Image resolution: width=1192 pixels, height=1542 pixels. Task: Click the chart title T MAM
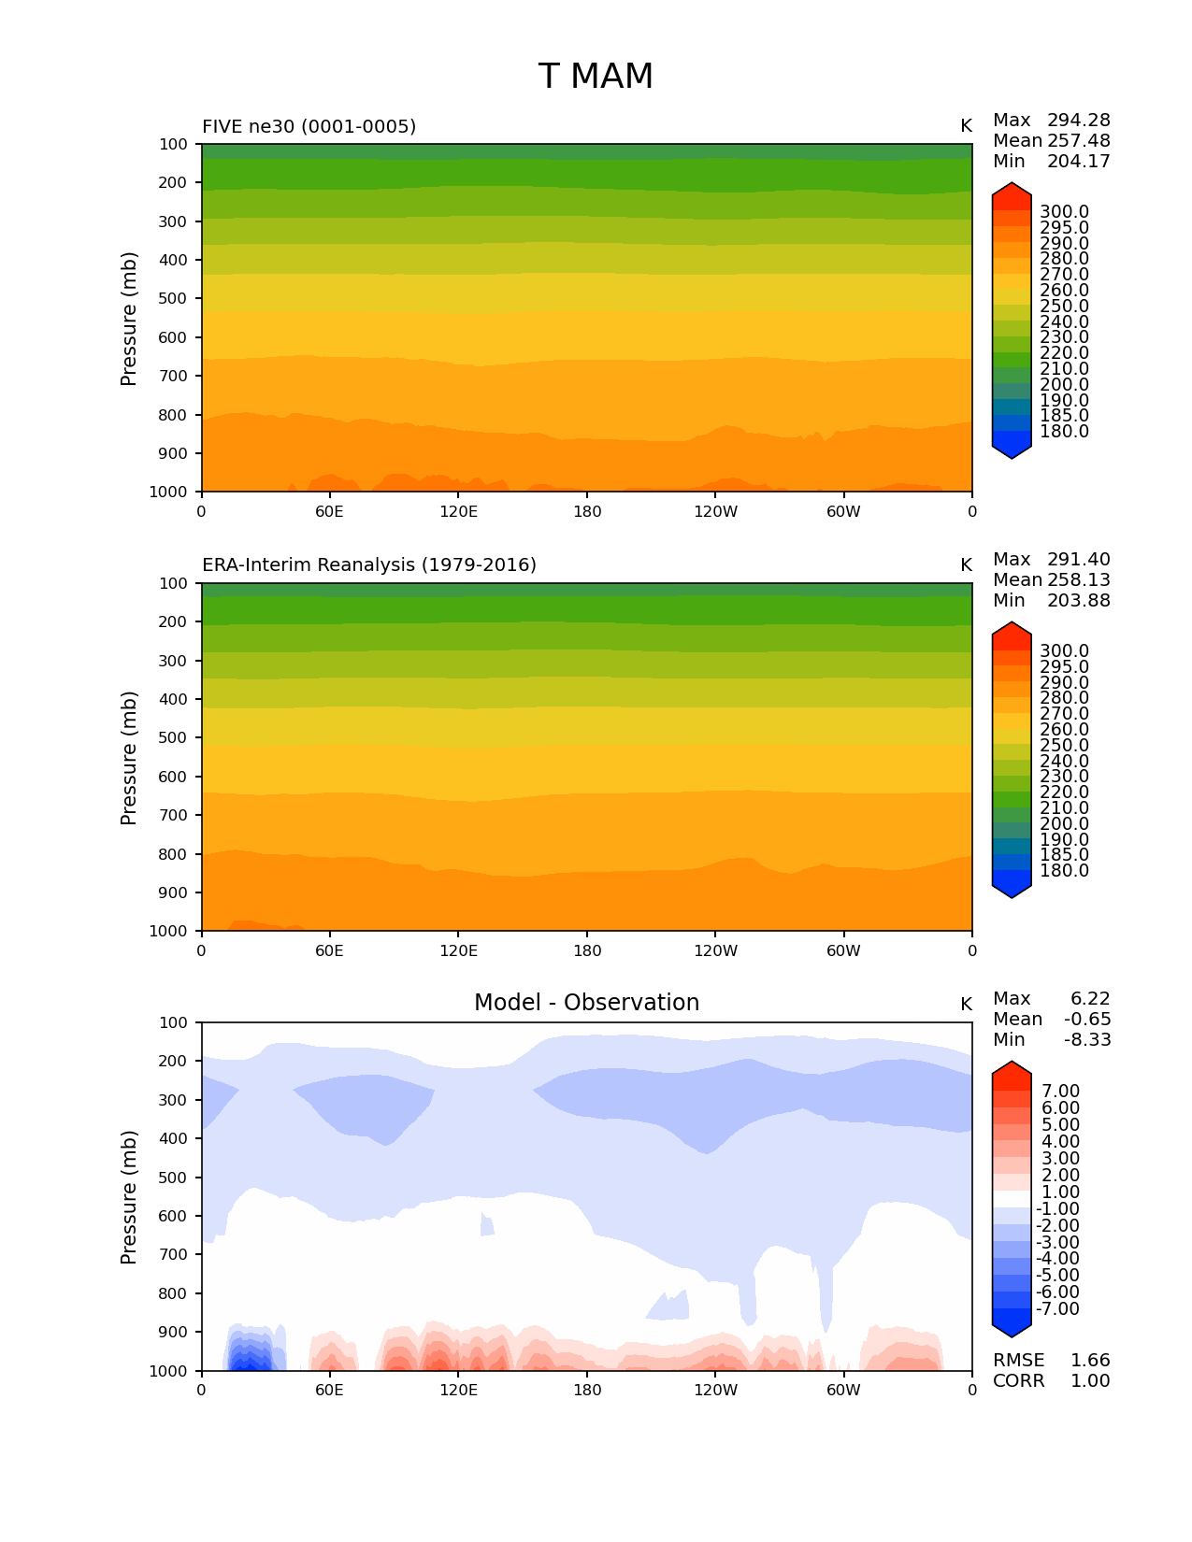[596, 77]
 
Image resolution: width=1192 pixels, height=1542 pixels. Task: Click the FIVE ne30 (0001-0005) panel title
[309, 126]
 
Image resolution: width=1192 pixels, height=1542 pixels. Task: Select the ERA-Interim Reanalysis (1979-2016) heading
[369, 565]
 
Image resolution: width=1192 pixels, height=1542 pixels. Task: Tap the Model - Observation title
[586, 1003]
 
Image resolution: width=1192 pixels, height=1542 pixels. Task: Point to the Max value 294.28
[1078, 121]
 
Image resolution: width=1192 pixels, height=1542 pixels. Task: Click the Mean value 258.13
[1078, 580]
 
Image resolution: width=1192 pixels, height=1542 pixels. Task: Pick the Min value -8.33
[1087, 1040]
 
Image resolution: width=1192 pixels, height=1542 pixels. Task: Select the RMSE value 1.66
[1090, 1361]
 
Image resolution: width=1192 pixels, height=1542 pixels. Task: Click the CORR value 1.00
[1090, 1381]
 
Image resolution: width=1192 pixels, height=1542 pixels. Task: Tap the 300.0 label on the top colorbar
[1064, 212]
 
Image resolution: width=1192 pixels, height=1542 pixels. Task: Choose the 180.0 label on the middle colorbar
[1064, 871]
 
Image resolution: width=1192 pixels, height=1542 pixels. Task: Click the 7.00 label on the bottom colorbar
[1060, 1092]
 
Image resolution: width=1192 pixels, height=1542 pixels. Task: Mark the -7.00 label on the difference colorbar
[1057, 1309]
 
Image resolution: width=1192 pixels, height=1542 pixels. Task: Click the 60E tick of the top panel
[329, 511]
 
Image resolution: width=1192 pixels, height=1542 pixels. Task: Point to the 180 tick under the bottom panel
[587, 1390]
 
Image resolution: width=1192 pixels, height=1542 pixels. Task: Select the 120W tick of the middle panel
[715, 950]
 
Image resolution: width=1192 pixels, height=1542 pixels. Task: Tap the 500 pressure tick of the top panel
[173, 299]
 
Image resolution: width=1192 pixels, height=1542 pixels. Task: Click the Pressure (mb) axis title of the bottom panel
[129, 1196]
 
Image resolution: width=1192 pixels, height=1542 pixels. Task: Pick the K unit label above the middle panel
[966, 565]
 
